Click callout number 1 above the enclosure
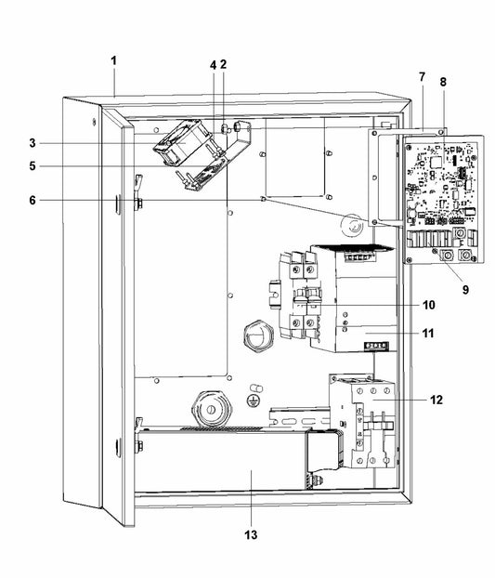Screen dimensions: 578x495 [x=113, y=60]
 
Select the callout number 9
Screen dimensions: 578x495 [x=465, y=289]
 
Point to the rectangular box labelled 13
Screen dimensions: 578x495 [x=223, y=463]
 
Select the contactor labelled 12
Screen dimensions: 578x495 [x=361, y=409]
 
